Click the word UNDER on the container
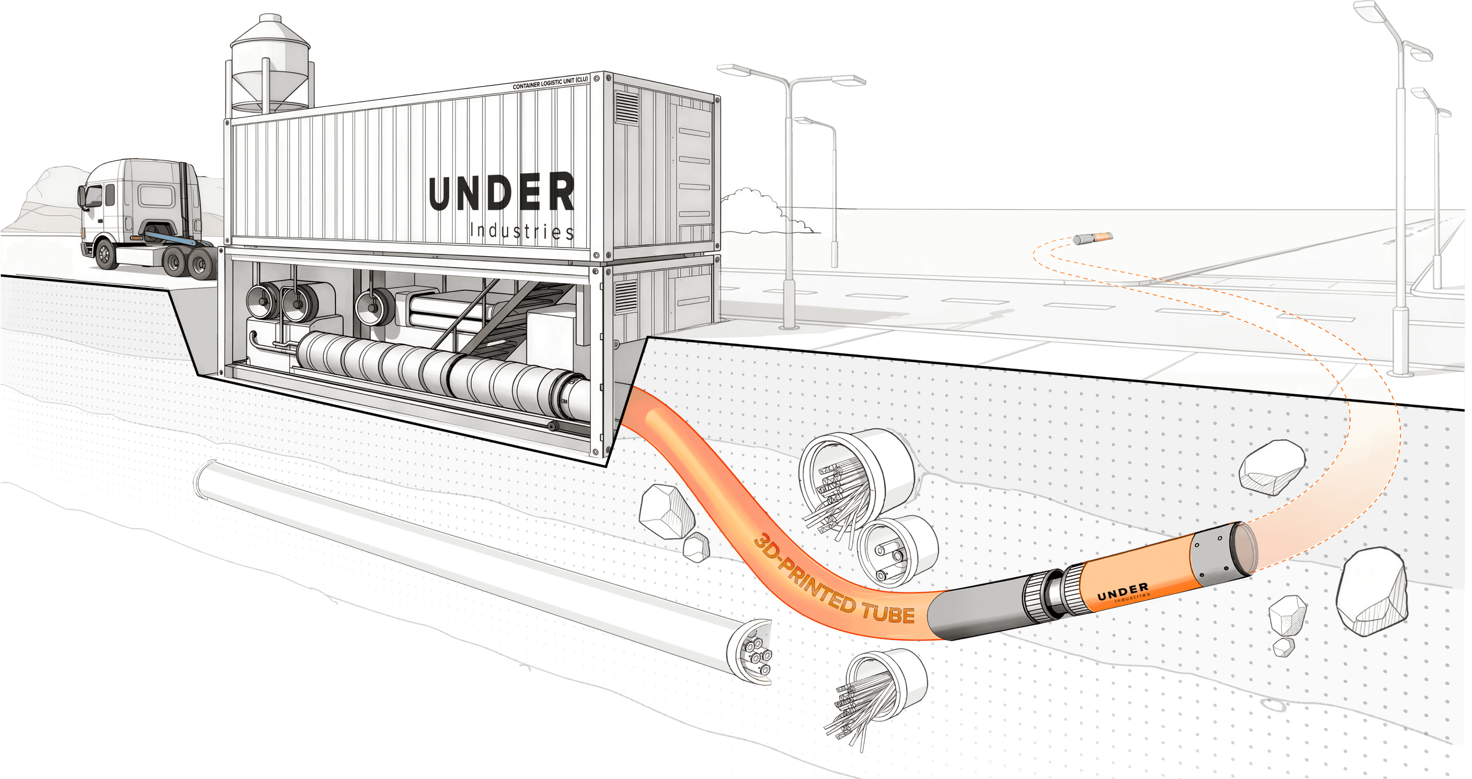[501, 193]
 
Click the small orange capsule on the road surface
[1092, 238]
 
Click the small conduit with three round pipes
[896, 551]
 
